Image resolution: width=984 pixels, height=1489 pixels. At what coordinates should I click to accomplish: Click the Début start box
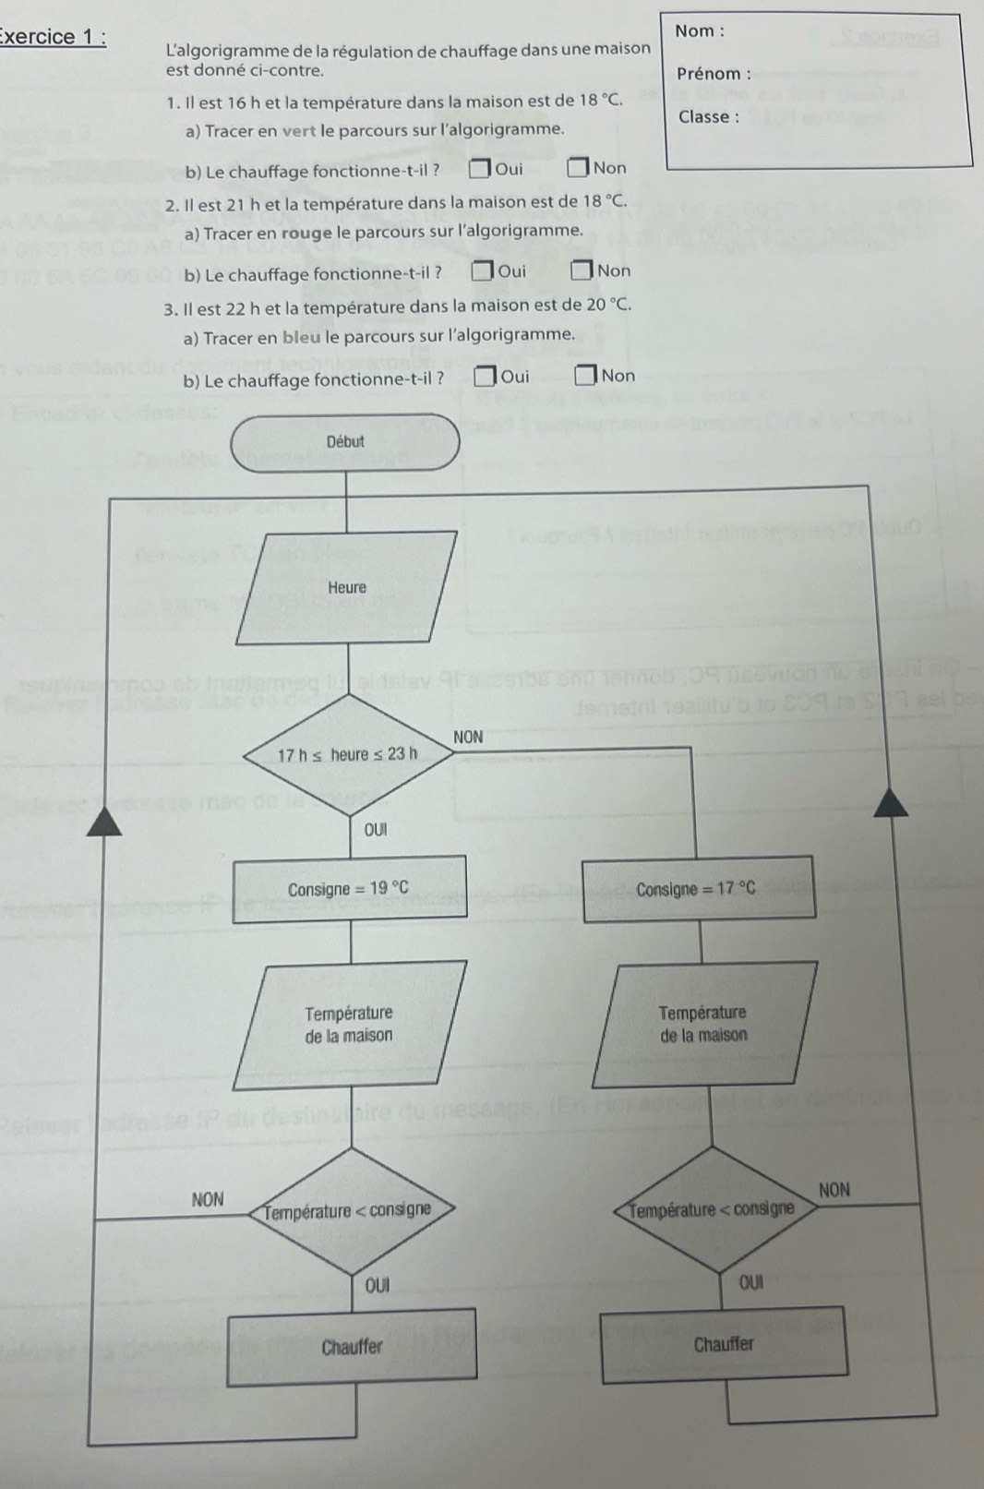345,442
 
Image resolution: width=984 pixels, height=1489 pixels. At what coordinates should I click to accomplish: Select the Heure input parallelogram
347,587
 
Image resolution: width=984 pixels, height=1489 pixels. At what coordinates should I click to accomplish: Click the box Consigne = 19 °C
349,889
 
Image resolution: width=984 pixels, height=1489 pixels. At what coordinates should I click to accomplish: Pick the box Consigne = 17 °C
699,889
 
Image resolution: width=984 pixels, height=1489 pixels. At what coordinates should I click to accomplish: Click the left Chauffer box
352,1347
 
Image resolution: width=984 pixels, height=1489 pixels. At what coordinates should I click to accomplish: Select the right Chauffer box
724,1343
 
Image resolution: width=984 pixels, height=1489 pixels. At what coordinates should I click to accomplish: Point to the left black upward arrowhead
104,820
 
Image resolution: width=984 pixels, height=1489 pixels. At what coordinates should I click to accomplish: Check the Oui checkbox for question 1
479,169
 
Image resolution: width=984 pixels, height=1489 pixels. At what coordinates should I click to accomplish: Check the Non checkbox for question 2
580,271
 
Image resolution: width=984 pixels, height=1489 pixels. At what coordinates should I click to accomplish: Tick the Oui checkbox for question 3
485,377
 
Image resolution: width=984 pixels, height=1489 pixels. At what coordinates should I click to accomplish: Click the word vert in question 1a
299,130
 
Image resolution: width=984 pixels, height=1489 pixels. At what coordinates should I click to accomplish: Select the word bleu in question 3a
302,336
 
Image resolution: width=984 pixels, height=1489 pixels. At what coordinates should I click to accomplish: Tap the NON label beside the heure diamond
468,737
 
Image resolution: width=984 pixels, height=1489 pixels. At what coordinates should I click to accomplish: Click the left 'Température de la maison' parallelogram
349,1024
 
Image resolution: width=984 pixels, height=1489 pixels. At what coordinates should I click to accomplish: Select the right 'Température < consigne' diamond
712,1208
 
